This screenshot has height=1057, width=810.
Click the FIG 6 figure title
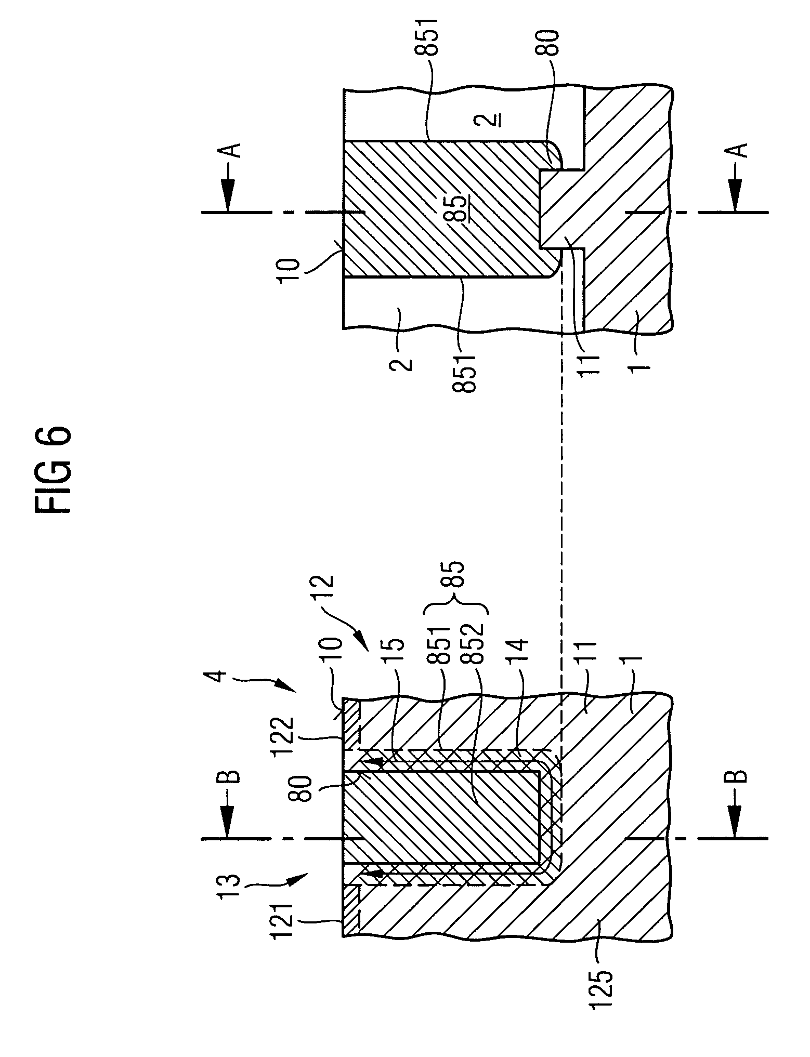coord(53,470)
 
